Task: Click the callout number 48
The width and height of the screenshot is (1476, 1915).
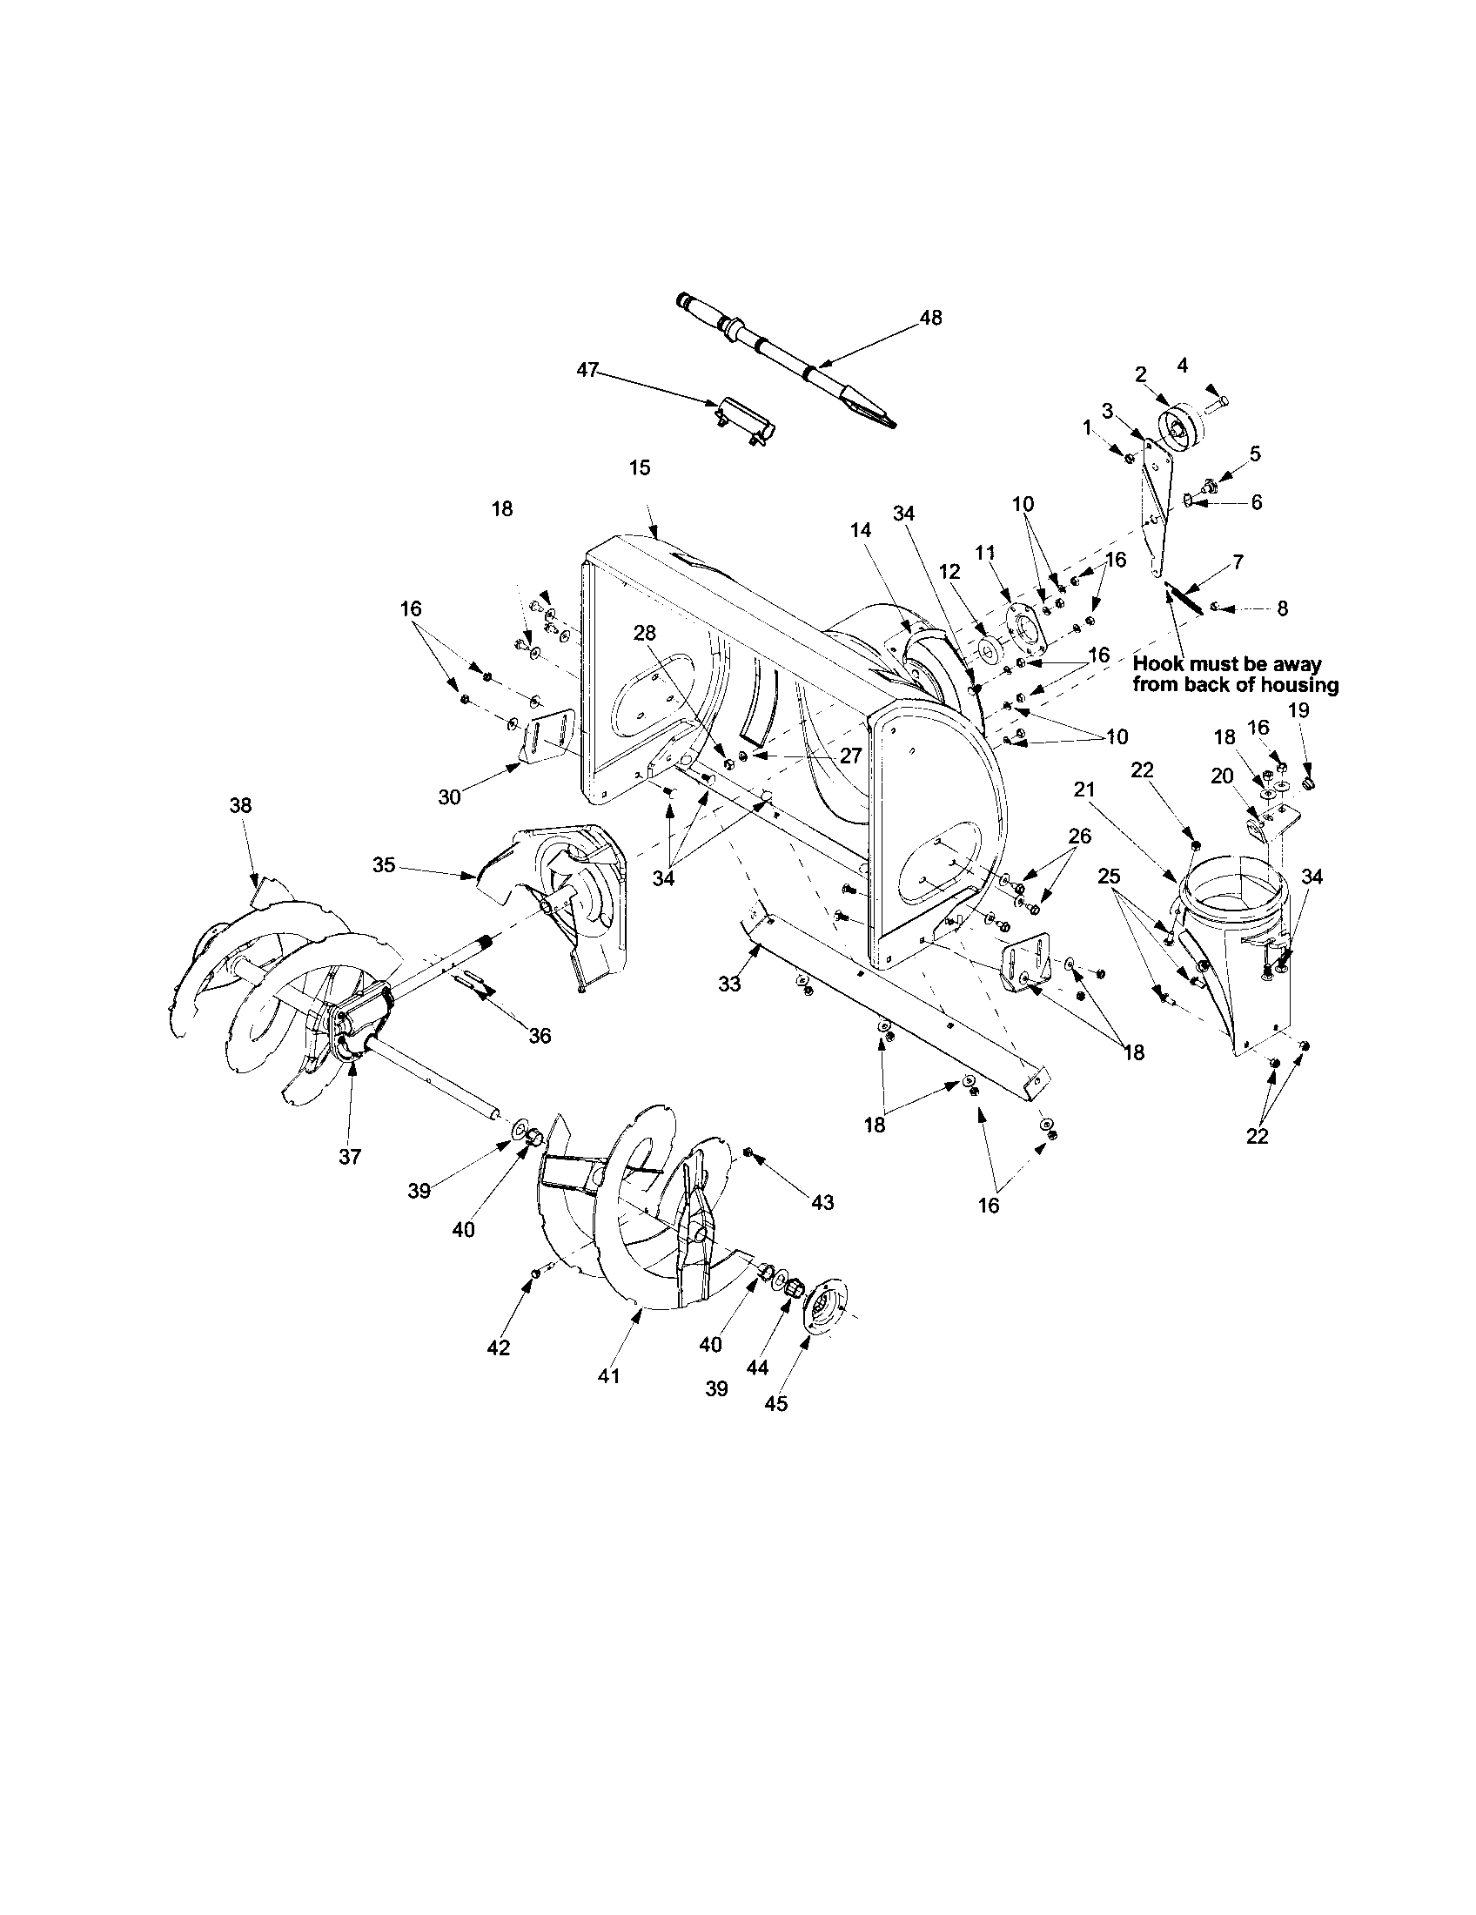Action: click(x=931, y=319)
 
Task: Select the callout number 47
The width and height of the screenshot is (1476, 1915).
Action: click(x=587, y=371)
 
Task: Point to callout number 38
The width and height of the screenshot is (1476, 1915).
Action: click(x=240, y=805)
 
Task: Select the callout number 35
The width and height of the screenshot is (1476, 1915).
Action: click(x=384, y=865)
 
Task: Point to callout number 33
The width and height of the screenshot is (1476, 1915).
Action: click(x=729, y=984)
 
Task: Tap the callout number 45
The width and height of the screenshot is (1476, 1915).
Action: click(x=775, y=1403)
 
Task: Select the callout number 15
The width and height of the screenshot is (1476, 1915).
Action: click(x=640, y=467)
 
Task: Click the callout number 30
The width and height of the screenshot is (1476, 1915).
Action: click(x=449, y=796)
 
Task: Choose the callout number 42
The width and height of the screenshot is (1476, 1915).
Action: click(x=498, y=1347)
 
